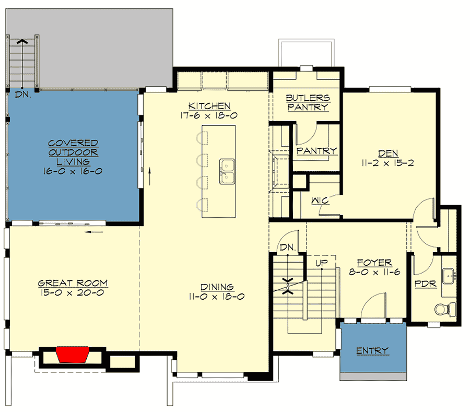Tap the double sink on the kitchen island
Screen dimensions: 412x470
pos(227,171)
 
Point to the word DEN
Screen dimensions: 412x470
pos(389,153)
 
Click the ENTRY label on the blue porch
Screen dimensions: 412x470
pos(373,350)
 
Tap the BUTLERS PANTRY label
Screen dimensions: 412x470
pos(308,102)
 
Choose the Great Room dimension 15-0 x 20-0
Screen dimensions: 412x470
pos(73,293)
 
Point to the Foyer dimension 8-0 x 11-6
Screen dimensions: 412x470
pos(374,272)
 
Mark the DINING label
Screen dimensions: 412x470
pos(218,287)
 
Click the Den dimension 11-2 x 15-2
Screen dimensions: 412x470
pos(389,162)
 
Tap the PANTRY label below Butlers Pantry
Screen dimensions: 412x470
pos(316,151)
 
